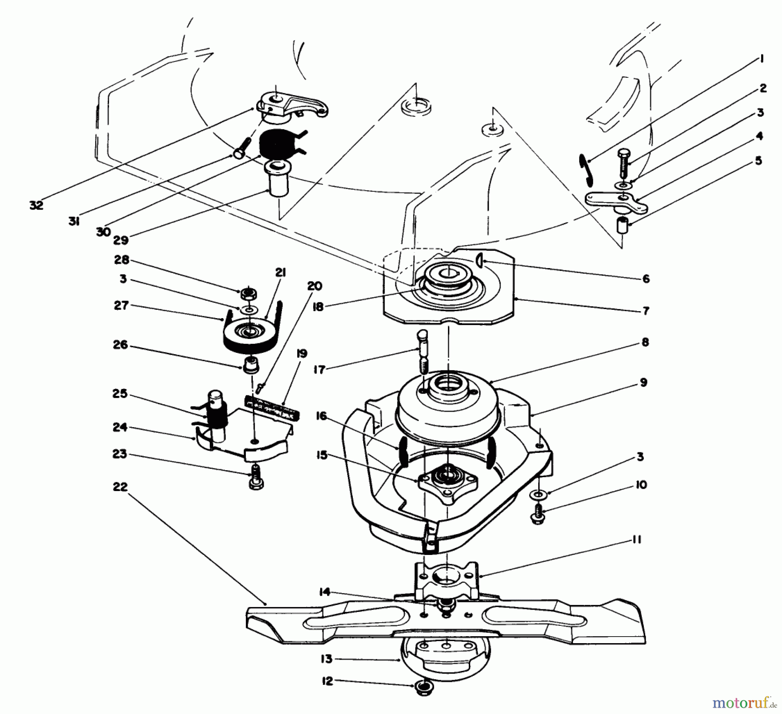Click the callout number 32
pos(36,205)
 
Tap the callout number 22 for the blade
pos(121,487)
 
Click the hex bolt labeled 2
pos(623,163)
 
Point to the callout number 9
pos(643,382)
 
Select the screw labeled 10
pos(538,514)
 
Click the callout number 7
pos(646,311)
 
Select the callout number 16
pos(321,416)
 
